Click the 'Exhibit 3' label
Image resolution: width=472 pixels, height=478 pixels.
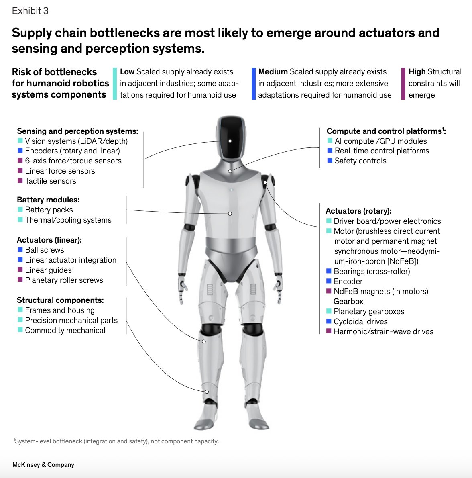click(30, 11)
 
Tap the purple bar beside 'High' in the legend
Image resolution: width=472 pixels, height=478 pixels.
click(403, 84)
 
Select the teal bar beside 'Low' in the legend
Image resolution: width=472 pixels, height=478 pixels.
click(115, 84)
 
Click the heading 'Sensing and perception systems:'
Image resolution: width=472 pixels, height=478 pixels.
click(77, 131)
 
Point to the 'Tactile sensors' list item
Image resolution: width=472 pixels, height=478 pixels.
click(51, 181)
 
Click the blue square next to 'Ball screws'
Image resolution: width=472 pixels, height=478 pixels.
click(20, 250)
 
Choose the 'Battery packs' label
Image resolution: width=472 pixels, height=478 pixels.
click(49, 210)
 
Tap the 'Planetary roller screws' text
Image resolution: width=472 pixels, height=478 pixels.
click(64, 280)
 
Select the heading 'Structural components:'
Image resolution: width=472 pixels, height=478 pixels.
click(60, 300)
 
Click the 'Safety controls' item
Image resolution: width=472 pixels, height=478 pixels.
click(360, 161)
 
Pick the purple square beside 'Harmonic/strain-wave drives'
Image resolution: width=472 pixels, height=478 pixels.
click(329, 331)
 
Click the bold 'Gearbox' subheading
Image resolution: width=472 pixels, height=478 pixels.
click(348, 302)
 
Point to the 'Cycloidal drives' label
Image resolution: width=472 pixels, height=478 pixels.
click(360, 322)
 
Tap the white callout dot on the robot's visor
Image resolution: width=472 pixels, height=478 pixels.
click(230, 141)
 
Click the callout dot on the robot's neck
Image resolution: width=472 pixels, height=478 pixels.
click(230, 171)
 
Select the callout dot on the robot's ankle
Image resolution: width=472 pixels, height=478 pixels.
click(207, 392)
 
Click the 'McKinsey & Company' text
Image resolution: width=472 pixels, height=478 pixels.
click(43, 465)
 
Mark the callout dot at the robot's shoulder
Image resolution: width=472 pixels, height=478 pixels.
click(265, 182)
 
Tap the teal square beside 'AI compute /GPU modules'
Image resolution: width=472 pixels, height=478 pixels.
click(330, 141)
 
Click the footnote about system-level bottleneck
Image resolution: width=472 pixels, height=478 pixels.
click(116, 441)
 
